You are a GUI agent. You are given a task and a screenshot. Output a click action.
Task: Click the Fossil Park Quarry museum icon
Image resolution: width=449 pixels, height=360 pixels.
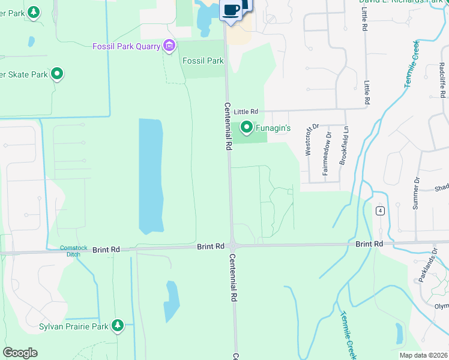169,46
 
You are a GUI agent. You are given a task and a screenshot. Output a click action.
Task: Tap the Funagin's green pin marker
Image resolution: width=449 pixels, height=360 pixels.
247,127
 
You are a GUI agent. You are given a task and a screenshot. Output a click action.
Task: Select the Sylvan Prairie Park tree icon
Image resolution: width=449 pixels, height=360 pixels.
118,326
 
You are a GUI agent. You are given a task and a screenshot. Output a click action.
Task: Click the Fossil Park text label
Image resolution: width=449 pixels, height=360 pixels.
203,61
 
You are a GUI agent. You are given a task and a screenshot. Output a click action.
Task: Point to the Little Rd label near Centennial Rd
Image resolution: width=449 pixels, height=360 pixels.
246,112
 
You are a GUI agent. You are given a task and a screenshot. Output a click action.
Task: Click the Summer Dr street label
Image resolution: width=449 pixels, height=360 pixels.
415,193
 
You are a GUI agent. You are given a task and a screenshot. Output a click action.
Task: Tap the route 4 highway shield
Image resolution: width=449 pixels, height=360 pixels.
380,211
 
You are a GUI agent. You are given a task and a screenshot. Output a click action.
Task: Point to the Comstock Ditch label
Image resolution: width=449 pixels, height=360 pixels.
73,251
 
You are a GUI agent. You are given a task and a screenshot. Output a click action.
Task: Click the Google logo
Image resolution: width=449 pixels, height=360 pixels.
20,352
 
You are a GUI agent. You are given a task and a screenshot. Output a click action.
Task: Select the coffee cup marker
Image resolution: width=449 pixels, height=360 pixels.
231,10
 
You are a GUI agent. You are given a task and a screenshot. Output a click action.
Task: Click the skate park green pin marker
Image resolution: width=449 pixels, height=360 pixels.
57,74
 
